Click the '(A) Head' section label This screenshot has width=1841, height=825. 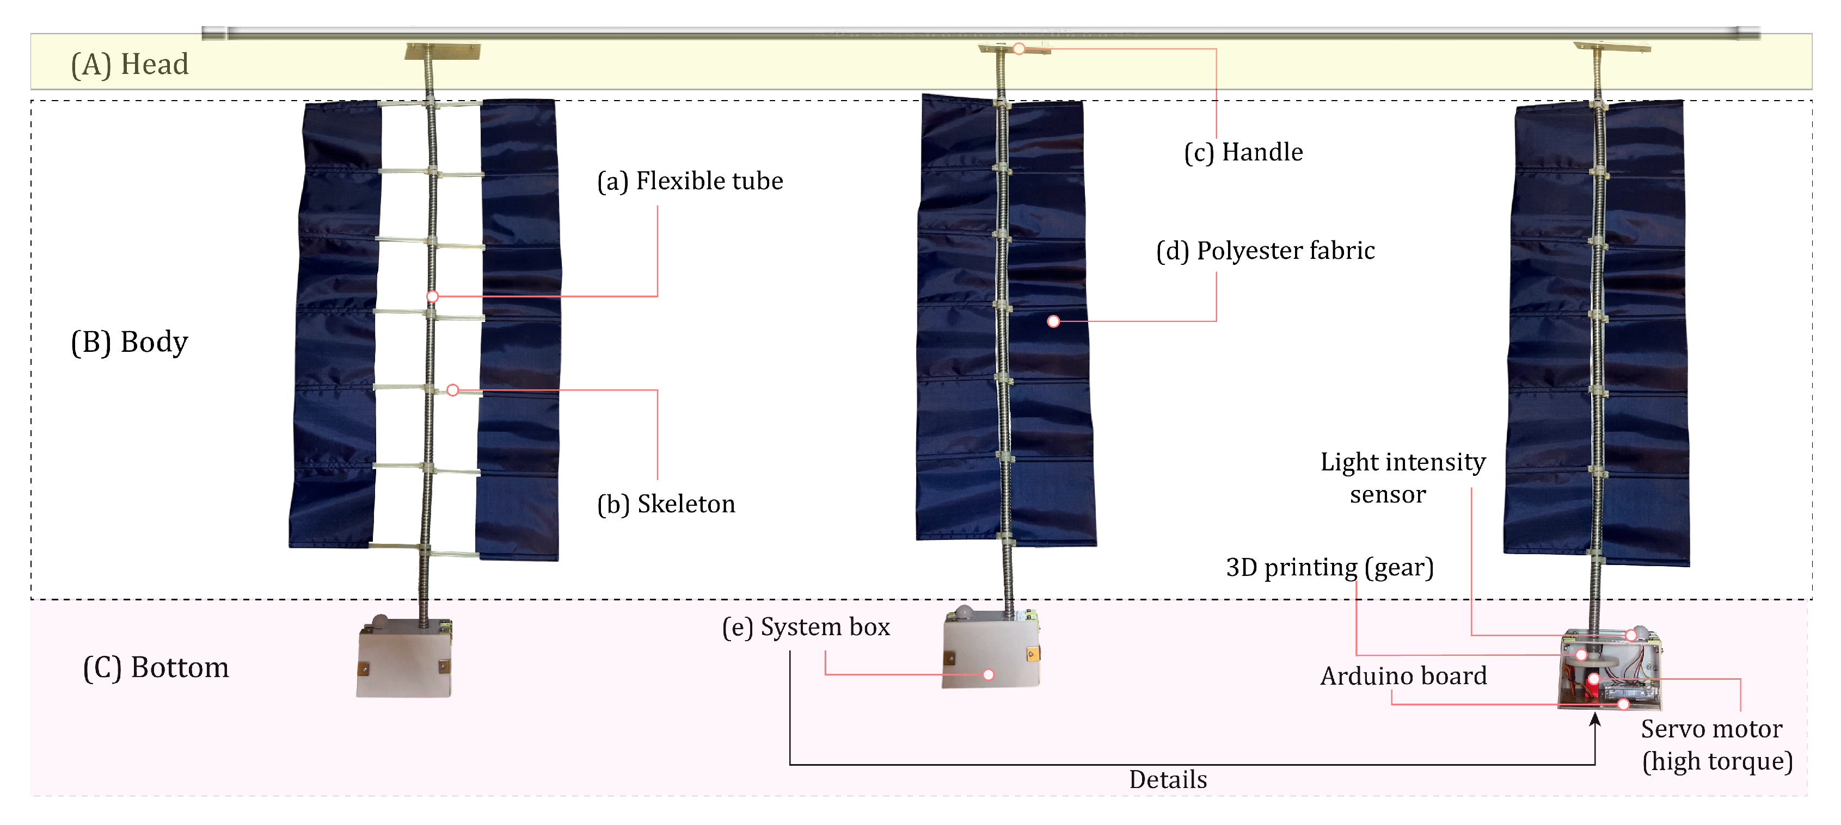click(130, 64)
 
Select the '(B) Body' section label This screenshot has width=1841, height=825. click(130, 342)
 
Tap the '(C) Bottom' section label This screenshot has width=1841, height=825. click(156, 668)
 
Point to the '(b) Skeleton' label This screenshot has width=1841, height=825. click(666, 504)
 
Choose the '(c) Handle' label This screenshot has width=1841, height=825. click(1243, 152)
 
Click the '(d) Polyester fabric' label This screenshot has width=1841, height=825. click(1265, 251)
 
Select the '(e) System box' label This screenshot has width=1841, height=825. click(806, 627)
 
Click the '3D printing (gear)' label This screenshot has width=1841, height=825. click(1329, 567)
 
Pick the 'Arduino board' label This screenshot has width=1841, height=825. click(1403, 675)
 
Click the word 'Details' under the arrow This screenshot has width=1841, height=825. click(1168, 779)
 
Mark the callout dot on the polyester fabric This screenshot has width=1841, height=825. click(1053, 321)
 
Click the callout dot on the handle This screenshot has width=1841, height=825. click(1019, 48)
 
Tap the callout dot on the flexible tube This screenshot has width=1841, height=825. click(432, 296)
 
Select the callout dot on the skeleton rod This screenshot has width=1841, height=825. click(452, 390)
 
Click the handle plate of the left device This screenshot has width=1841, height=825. click(443, 52)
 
